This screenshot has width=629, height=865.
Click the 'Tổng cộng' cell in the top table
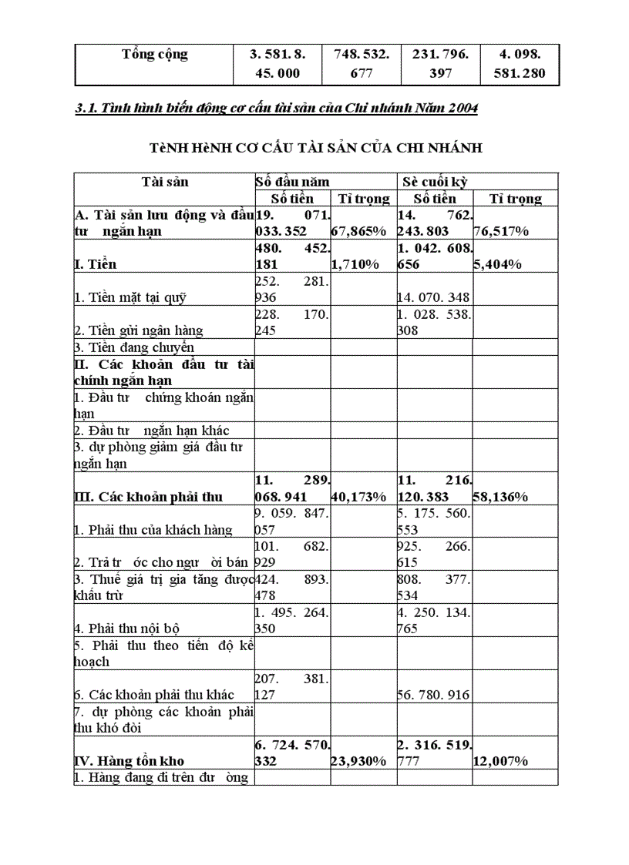point(154,55)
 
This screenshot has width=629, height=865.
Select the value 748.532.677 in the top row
point(362,65)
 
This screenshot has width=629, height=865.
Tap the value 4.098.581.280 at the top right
point(520,65)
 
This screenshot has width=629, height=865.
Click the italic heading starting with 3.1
point(276,109)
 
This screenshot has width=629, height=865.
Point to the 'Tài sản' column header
point(164,182)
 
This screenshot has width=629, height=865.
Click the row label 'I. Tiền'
point(96,265)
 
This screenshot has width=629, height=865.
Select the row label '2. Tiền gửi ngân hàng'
point(139,330)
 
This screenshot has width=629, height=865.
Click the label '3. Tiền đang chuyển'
point(134,347)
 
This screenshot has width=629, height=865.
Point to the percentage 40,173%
point(358,497)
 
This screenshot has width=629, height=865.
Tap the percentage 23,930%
point(358,762)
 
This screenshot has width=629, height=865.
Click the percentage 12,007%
point(500,762)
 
